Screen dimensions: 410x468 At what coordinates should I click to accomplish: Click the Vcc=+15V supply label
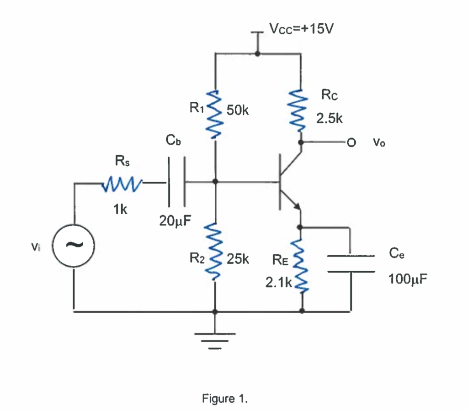pos(302,29)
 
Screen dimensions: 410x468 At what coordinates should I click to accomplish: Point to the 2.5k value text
pos(329,119)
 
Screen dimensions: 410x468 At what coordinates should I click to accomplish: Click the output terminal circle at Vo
pos(351,142)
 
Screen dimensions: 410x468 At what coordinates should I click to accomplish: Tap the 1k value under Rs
pos(121,210)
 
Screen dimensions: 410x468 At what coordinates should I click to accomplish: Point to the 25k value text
pos(238,259)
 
